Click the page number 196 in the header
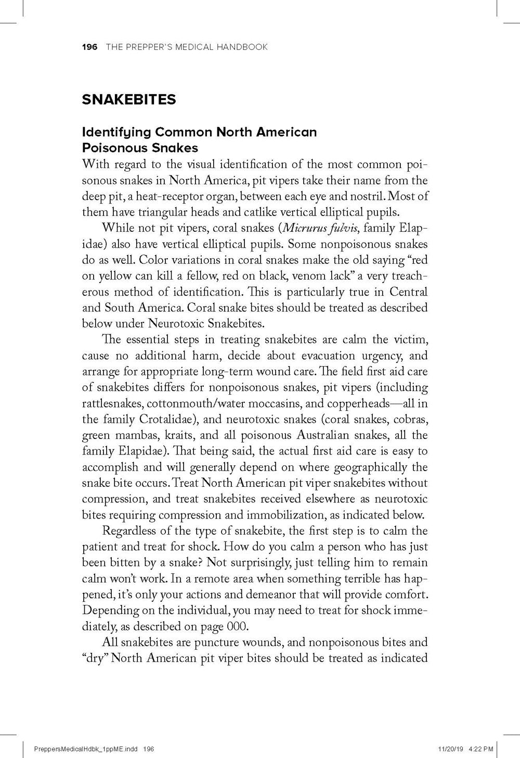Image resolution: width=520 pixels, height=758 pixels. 89,47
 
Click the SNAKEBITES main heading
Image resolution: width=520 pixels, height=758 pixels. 129,99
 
